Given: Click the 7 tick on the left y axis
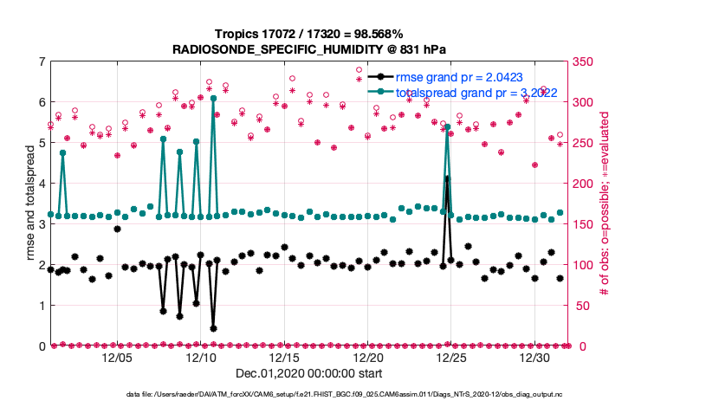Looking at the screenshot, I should [x=41, y=61].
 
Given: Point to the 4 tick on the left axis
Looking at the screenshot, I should [x=41, y=184].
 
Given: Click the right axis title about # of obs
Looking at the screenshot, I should [x=606, y=203].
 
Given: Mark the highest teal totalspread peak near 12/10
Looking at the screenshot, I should [x=213, y=99].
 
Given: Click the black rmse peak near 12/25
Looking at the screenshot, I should [x=448, y=178].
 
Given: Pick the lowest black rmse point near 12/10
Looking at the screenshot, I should [x=213, y=328].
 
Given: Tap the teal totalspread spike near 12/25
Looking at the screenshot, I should [x=448, y=126].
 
